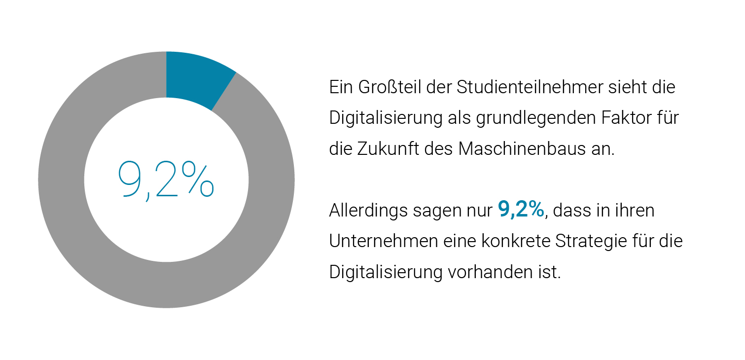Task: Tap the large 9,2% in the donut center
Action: (x=166, y=180)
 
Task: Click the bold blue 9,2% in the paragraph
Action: (x=521, y=210)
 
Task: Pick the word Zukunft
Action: (x=392, y=149)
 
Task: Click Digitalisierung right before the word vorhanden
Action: (x=386, y=272)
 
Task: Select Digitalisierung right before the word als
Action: (x=386, y=118)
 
